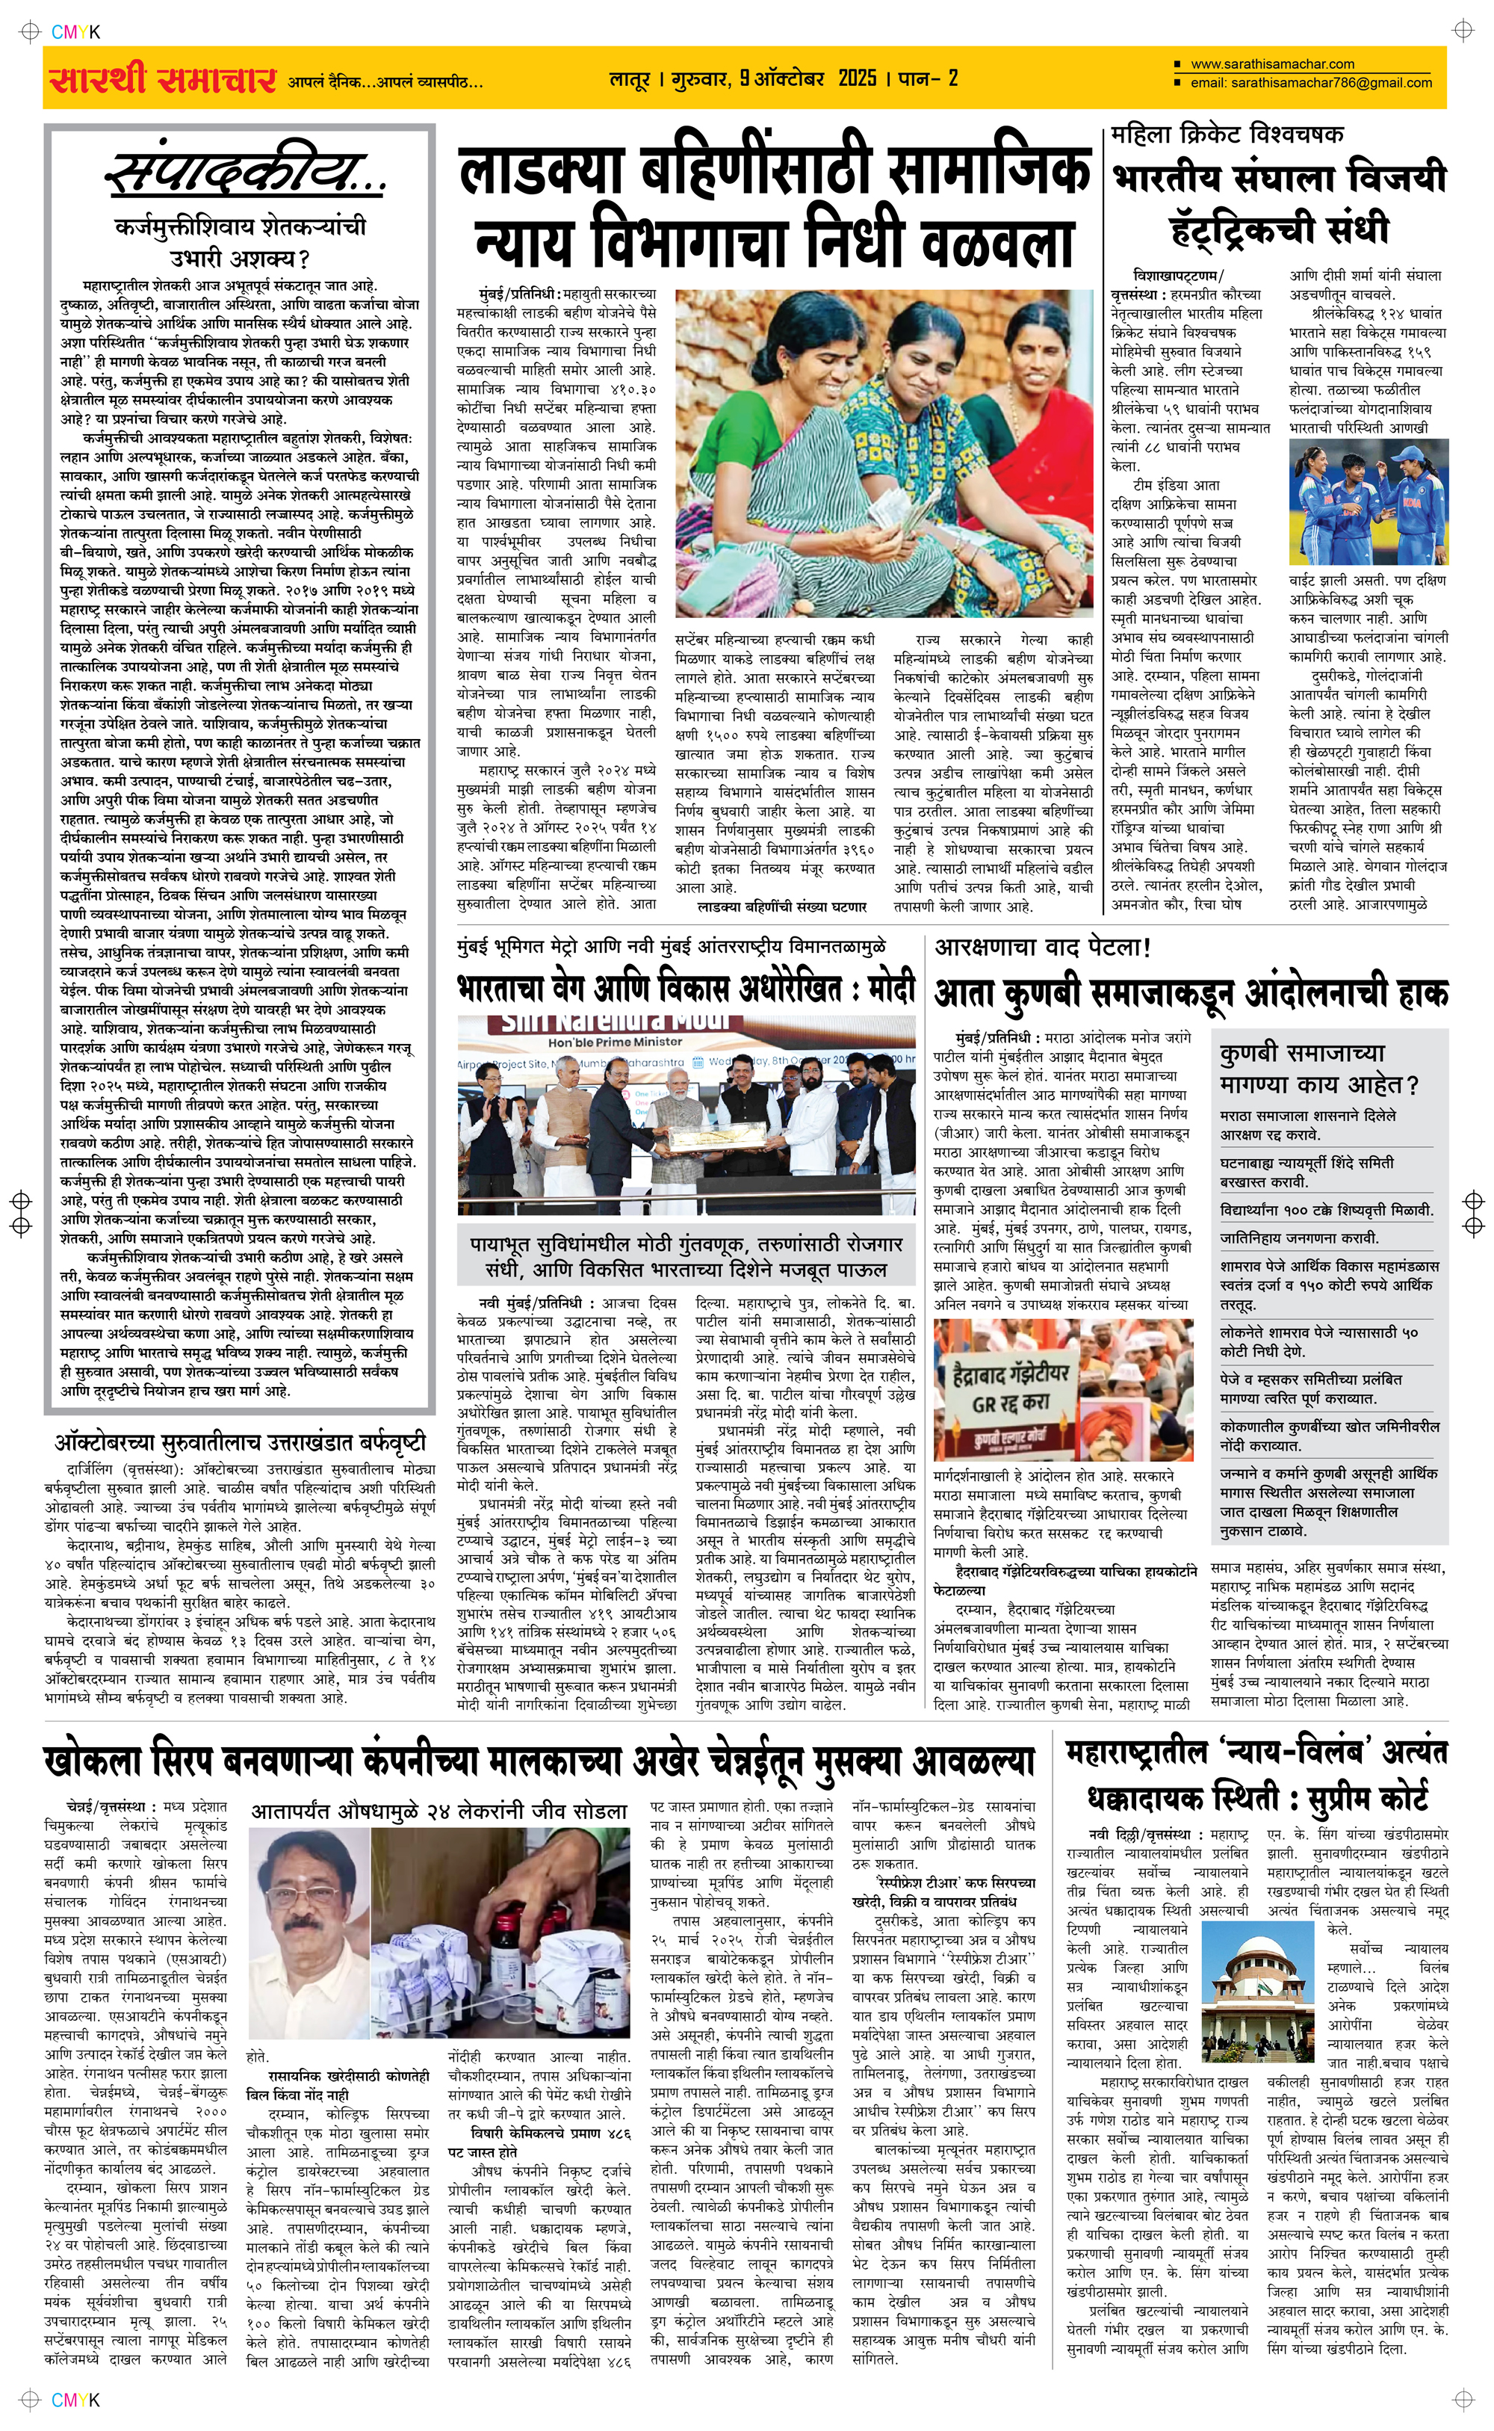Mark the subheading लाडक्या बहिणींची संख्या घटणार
click(781, 906)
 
